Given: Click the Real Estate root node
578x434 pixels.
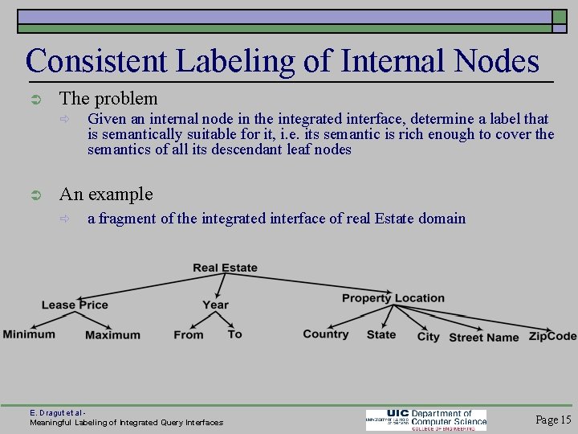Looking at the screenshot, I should pyautogui.click(x=225, y=268).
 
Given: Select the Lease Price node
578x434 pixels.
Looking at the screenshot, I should pyautogui.click(x=75, y=305).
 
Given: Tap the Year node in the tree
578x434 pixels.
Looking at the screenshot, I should pyautogui.click(x=215, y=305).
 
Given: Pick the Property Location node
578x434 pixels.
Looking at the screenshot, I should pyautogui.click(x=393, y=298).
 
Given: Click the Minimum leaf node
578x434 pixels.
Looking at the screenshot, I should pyautogui.click(x=29, y=334).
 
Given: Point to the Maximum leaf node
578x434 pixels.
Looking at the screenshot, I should pyautogui.click(x=112, y=335).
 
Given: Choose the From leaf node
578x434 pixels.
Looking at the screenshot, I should pyautogui.click(x=189, y=335).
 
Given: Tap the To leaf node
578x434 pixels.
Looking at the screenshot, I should pyautogui.click(x=234, y=334).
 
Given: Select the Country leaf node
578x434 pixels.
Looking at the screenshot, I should pyautogui.click(x=326, y=334).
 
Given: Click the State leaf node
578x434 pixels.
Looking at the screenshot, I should pyautogui.click(x=381, y=334).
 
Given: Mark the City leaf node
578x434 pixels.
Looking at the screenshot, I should pyautogui.click(x=428, y=337).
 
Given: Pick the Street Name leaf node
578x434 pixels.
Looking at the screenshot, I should pyautogui.click(x=483, y=338).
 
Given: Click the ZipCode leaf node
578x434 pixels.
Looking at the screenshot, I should pyautogui.click(x=552, y=336).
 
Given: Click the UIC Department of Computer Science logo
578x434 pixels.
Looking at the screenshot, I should pyautogui.click(x=426, y=420).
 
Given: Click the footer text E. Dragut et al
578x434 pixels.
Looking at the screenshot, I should pyautogui.click(x=57, y=411).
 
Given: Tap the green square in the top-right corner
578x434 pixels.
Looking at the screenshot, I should pyautogui.click(x=560, y=18).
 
